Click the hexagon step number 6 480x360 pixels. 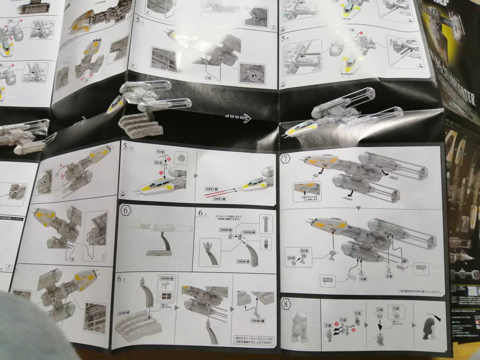click(125, 210)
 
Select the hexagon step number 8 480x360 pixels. click(287, 303)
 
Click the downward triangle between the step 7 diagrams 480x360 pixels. click(359, 208)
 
